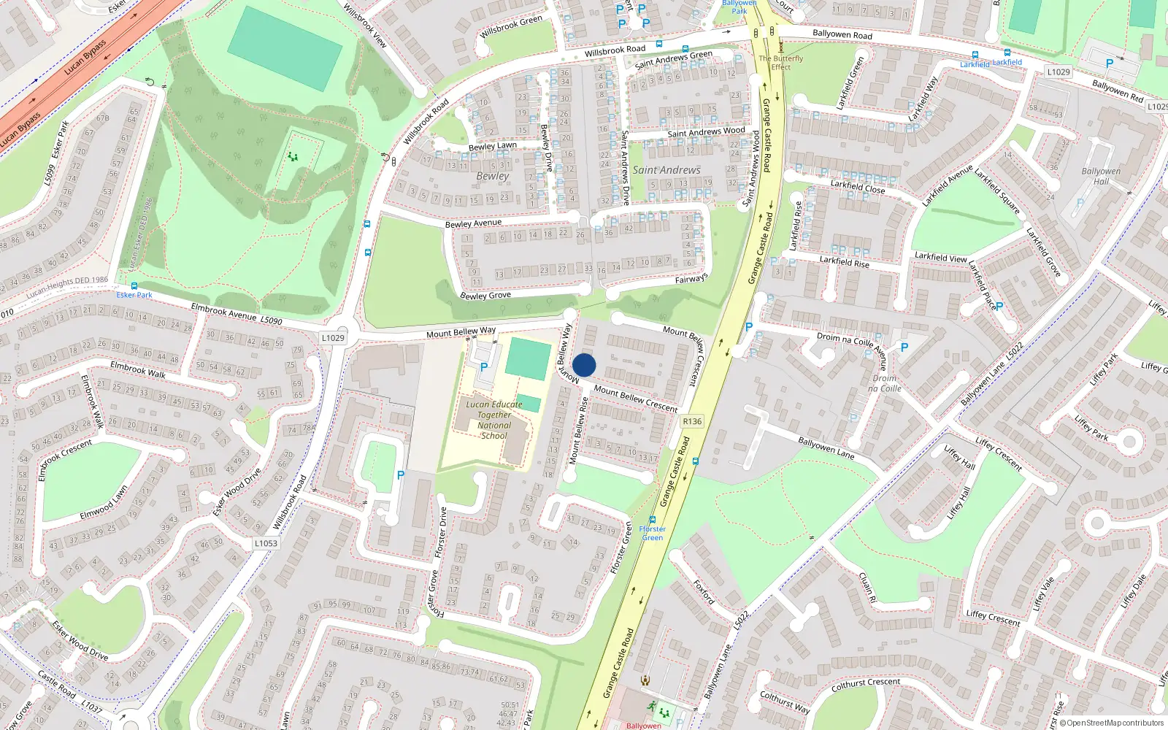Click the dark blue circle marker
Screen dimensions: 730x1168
coord(584,365)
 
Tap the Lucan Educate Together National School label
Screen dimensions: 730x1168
coord(494,420)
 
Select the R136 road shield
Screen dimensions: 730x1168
coord(692,421)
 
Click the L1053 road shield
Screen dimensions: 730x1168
coord(266,543)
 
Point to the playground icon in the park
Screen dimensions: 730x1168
coord(293,156)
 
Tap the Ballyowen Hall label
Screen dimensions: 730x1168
coord(1101,176)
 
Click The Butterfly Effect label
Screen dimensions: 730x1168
coord(780,63)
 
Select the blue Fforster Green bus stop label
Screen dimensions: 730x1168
coord(652,533)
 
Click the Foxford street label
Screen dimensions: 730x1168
coord(704,592)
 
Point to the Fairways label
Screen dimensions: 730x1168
coord(691,279)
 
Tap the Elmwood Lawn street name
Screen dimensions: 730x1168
coord(104,503)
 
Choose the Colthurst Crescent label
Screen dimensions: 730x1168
coord(866,684)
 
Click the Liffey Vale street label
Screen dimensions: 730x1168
coord(1044,593)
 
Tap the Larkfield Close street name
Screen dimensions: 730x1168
coord(857,187)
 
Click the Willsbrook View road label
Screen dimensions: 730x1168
coord(365,25)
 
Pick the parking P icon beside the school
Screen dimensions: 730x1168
coord(483,367)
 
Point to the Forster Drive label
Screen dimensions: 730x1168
coord(441,533)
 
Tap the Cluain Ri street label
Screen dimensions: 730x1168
coord(867,587)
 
